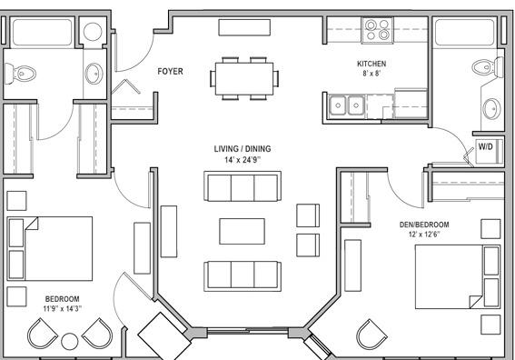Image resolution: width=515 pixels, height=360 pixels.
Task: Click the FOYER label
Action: [x=170, y=71]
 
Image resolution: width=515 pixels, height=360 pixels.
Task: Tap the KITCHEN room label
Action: [x=371, y=64]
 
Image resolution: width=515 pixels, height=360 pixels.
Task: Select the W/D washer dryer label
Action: [x=485, y=146]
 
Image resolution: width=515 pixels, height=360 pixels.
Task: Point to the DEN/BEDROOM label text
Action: [x=424, y=225]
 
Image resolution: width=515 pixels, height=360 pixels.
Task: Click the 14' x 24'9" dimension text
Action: [x=243, y=160]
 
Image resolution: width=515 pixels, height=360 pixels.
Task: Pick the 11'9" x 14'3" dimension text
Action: [x=62, y=308]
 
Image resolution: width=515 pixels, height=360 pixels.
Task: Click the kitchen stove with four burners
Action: [x=377, y=30]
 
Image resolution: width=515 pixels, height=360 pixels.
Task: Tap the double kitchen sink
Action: [x=347, y=105]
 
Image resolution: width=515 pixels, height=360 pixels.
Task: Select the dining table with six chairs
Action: [x=244, y=78]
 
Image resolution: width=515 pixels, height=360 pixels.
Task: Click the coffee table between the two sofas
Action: [x=243, y=232]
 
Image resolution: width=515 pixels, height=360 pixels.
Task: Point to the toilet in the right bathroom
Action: [x=488, y=67]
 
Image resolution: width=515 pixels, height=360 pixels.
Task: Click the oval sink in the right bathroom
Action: [x=491, y=109]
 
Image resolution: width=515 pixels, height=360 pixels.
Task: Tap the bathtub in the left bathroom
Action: [x=42, y=32]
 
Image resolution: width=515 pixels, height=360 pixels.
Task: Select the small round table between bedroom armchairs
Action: [x=70, y=342]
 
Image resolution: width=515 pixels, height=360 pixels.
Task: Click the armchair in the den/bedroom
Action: [x=371, y=334]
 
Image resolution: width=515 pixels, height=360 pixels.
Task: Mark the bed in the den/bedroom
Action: [x=458, y=277]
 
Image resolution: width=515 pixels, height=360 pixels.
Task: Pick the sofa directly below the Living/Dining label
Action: [x=243, y=186]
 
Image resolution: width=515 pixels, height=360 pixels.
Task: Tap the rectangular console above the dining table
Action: [x=244, y=27]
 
